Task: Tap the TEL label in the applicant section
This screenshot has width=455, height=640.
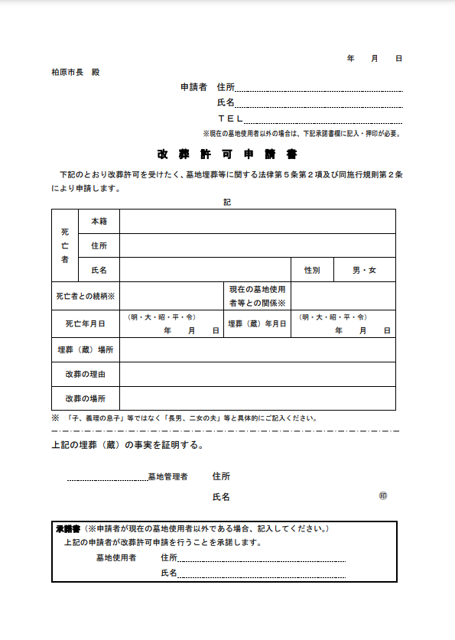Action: (229, 119)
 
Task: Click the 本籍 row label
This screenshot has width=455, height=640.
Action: (99, 221)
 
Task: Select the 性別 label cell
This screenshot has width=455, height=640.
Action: (312, 270)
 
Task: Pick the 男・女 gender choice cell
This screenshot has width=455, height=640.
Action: (364, 270)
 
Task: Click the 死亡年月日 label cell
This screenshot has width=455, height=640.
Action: (86, 324)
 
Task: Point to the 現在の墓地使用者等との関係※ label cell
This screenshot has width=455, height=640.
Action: (257, 296)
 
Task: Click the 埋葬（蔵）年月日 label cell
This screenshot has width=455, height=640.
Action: (257, 324)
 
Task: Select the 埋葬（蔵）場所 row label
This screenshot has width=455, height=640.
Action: (86, 349)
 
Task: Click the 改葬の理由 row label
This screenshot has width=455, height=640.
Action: (86, 375)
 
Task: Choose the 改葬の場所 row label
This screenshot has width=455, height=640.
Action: (86, 399)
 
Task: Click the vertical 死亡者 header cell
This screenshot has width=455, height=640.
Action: (65, 245)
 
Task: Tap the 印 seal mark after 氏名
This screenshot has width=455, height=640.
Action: (383, 496)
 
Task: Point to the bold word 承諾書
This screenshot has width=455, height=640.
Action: (68, 528)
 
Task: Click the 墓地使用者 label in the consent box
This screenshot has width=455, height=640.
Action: (116, 558)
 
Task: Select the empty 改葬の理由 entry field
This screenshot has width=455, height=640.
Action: (257, 375)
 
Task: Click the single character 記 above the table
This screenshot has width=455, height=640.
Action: (226, 202)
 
